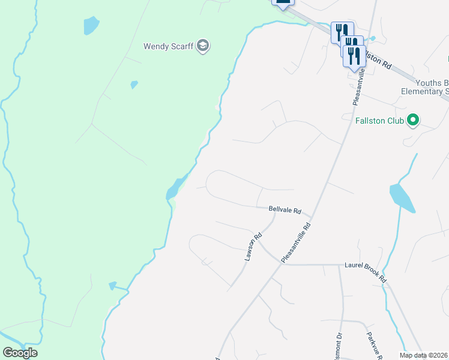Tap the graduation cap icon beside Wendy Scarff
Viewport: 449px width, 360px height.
coord(203,46)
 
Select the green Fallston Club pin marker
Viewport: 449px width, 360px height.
coord(412,121)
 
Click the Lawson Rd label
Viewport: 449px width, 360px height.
coord(253,247)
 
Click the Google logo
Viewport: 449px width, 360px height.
coord(20,353)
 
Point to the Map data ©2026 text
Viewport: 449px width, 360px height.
coord(424,355)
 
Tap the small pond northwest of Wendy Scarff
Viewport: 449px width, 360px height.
coord(91,25)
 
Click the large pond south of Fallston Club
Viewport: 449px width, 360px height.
coord(402,198)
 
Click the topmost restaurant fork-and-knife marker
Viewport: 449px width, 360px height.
coord(341,31)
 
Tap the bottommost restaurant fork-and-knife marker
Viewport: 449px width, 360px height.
coord(355,56)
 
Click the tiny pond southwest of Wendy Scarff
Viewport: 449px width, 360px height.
coord(134,85)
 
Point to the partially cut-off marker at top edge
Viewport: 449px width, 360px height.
coord(283,2)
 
